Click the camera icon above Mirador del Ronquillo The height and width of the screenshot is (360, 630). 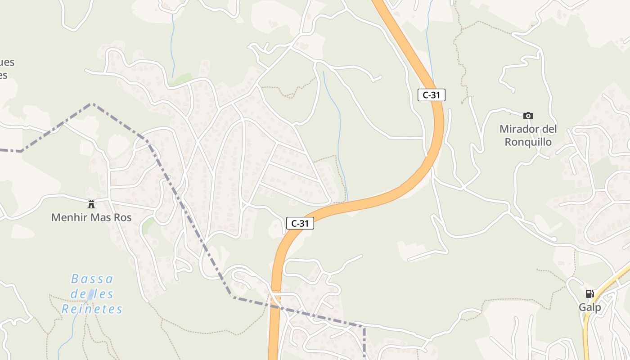[528, 116]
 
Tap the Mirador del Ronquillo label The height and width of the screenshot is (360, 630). [528, 135]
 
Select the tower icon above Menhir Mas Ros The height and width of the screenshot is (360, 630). [91, 204]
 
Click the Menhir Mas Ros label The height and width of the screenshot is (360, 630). [91, 218]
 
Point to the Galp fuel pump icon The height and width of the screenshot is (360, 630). [589, 294]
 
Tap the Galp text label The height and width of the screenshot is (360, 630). [589, 308]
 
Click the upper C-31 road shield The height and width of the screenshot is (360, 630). [431, 95]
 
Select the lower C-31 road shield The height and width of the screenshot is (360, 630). [300, 223]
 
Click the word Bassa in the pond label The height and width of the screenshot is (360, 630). [92, 279]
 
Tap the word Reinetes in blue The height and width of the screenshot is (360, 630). [92, 310]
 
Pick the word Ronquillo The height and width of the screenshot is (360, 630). [528, 142]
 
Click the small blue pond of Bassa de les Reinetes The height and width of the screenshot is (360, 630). [91, 295]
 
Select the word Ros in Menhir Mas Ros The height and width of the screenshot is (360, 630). [122, 218]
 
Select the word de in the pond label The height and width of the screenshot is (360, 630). [77, 294]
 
